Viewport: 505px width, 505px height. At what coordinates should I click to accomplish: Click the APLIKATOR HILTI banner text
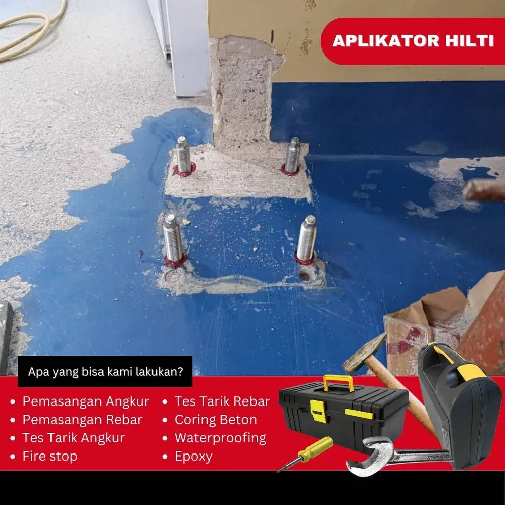[x=413, y=41]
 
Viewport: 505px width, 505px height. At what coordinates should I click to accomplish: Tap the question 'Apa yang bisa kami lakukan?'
[x=106, y=373]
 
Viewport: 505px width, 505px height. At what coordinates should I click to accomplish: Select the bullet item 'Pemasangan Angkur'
[x=86, y=401]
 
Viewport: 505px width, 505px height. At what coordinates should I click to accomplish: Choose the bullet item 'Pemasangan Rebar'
[x=82, y=420]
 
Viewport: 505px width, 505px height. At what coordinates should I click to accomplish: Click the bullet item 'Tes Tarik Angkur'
[x=73, y=438]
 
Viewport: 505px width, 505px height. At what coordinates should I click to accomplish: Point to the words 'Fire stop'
[x=50, y=456]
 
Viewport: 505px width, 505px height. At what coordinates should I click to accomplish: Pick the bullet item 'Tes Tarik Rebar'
[x=222, y=401]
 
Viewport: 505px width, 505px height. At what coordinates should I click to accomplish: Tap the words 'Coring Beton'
[x=216, y=420]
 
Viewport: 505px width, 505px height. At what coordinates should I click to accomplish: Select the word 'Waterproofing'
[x=220, y=438]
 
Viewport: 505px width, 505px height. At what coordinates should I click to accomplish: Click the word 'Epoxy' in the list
[x=193, y=456]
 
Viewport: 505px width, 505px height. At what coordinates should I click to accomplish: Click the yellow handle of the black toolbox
[x=338, y=383]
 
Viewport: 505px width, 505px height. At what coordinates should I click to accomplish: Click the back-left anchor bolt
[x=183, y=156]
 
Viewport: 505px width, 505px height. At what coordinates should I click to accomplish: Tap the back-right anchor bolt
[x=292, y=156]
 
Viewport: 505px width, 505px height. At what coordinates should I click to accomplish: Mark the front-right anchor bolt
[x=307, y=238]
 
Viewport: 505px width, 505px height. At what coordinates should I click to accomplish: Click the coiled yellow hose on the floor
[x=30, y=30]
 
